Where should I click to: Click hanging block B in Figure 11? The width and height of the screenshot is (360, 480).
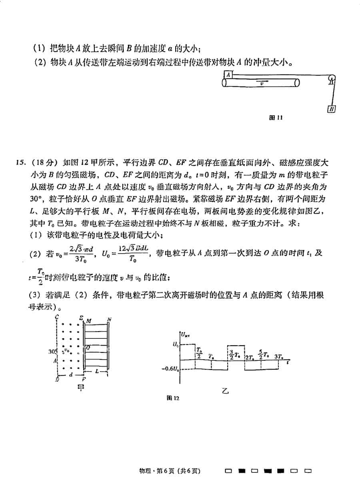point(331,109)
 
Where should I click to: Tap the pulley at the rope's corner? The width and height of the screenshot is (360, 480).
point(332,80)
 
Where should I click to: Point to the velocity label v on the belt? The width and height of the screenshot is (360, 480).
point(262,84)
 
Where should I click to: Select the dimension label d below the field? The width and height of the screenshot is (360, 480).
point(71,375)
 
